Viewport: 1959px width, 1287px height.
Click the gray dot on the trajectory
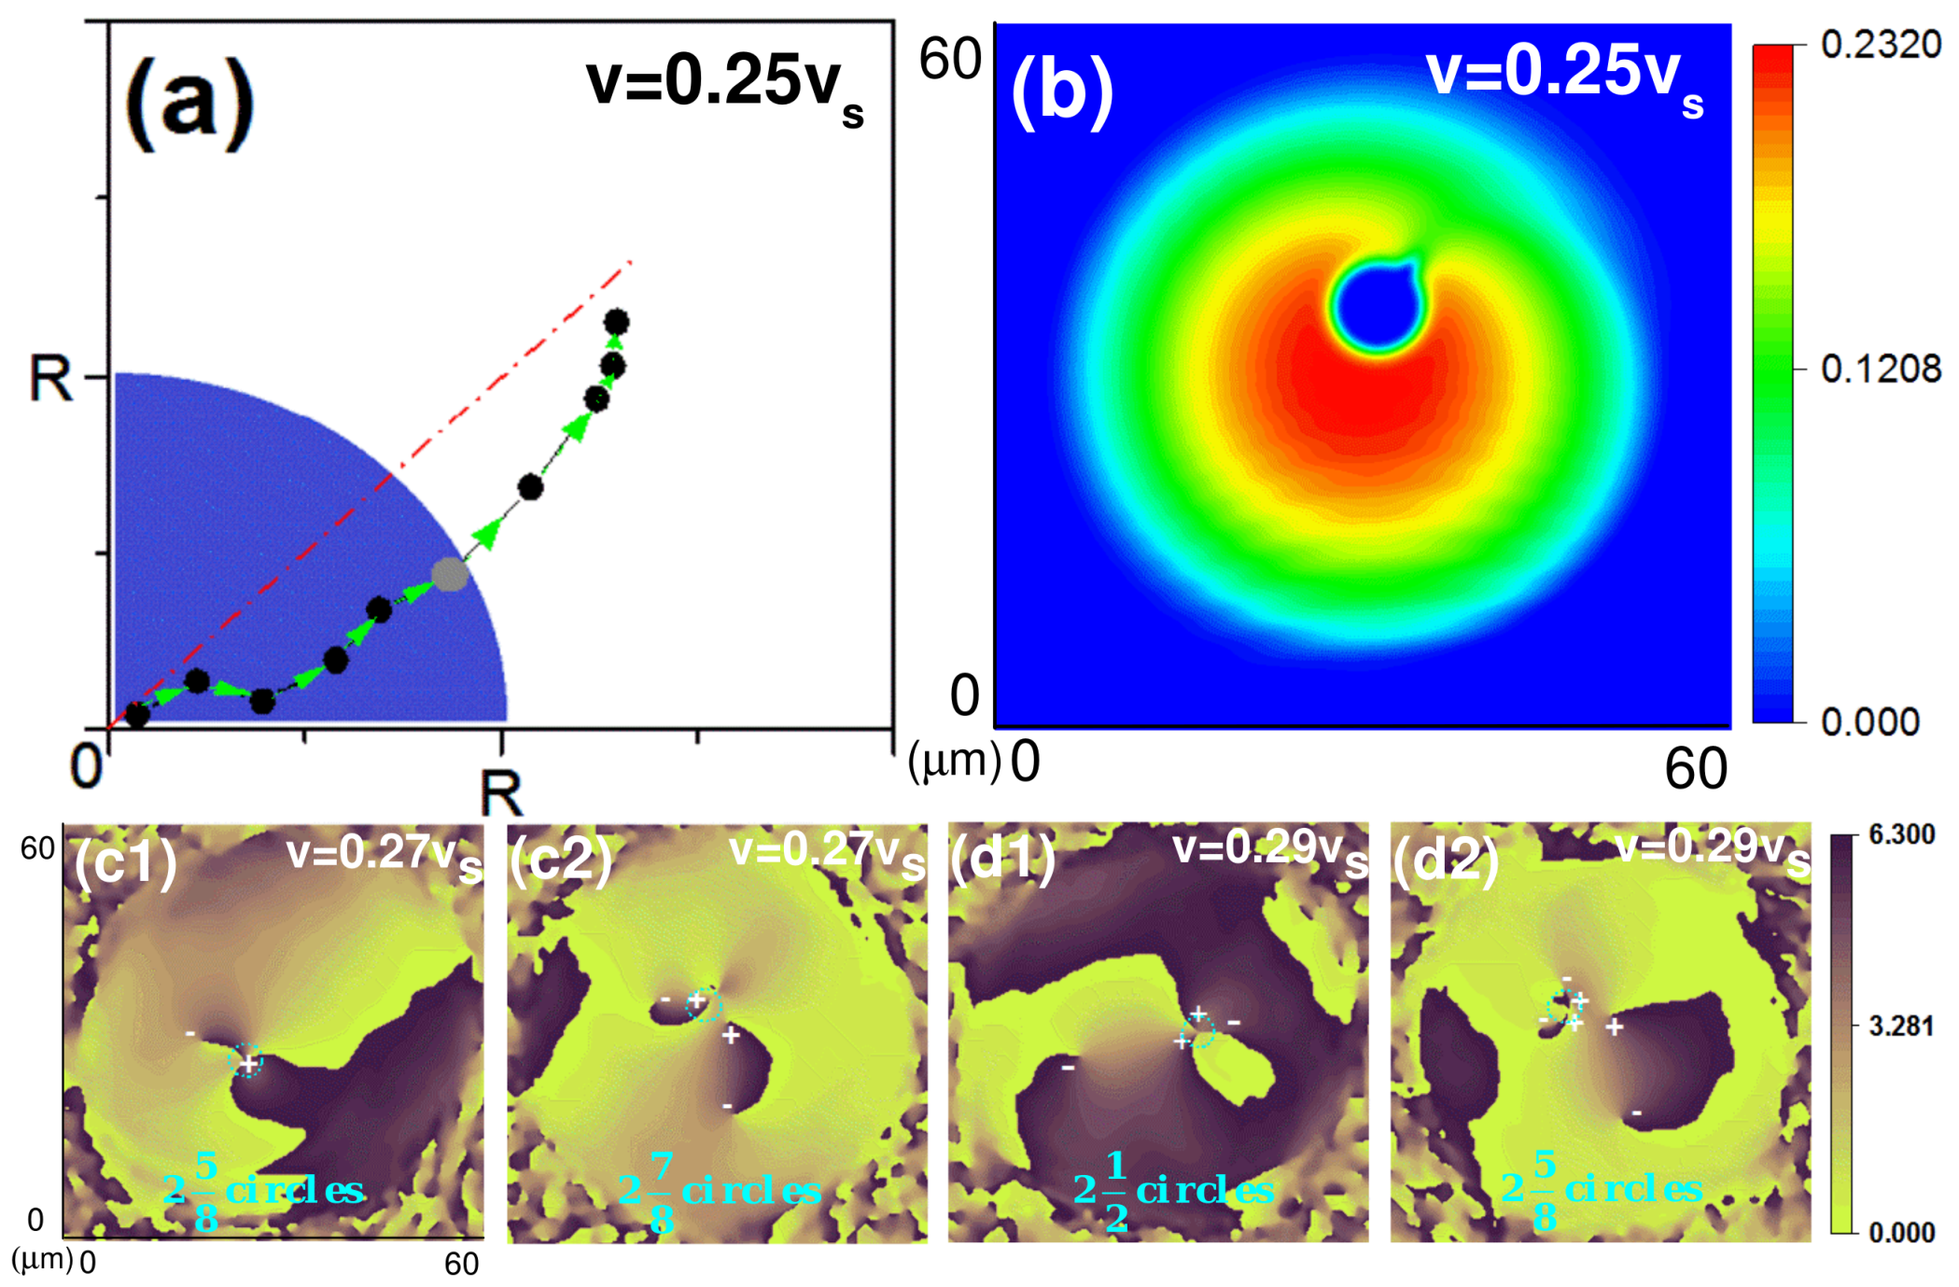(x=450, y=575)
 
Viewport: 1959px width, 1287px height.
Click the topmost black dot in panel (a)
(x=616, y=323)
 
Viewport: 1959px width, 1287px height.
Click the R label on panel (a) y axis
(x=49, y=379)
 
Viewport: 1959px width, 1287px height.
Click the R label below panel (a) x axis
(x=501, y=793)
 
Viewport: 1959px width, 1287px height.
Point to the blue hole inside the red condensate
(x=1377, y=308)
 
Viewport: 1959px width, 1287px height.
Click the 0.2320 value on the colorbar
(x=1880, y=45)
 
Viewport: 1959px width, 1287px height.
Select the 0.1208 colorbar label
(x=1880, y=370)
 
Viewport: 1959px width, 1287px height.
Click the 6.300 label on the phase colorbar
(x=1900, y=834)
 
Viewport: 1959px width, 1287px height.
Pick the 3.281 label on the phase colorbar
(x=1900, y=1027)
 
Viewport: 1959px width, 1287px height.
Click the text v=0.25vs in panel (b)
(x=1564, y=77)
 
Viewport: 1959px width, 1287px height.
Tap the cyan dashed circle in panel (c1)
(x=246, y=1060)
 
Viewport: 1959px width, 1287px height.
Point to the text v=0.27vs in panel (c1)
(x=384, y=855)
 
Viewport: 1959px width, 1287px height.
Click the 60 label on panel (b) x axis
(x=1695, y=771)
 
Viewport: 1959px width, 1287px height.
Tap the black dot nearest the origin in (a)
(x=137, y=716)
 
